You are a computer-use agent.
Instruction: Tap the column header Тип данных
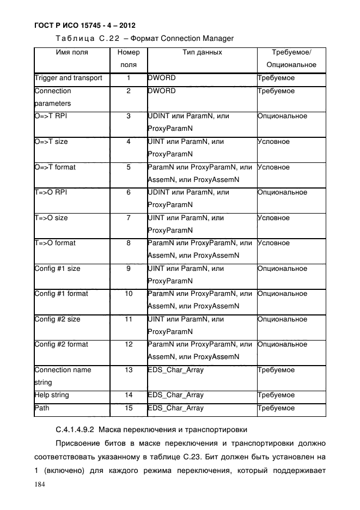pyautogui.click(x=202, y=53)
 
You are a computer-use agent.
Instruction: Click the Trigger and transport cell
pyautogui.click(x=69, y=78)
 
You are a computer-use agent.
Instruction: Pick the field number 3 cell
pyautogui.click(x=129, y=117)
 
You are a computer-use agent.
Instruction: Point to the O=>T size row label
pyautogui.click(x=51, y=142)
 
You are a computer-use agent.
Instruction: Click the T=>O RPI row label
pyautogui.click(x=51, y=192)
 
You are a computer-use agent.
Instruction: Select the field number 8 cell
pyautogui.click(x=129, y=243)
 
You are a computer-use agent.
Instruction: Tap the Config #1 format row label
pyautogui.click(x=61, y=294)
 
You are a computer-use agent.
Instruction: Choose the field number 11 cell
pyautogui.click(x=129, y=319)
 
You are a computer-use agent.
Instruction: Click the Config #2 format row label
pyautogui.click(x=61, y=344)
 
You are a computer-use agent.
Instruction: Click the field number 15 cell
pyautogui.click(x=129, y=408)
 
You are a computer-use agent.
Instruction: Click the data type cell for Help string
pyautogui.click(x=175, y=395)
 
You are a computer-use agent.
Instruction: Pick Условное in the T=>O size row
pyautogui.click(x=273, y=218)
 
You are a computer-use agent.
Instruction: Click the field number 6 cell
pyautogui.click(x=129, y=192)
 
